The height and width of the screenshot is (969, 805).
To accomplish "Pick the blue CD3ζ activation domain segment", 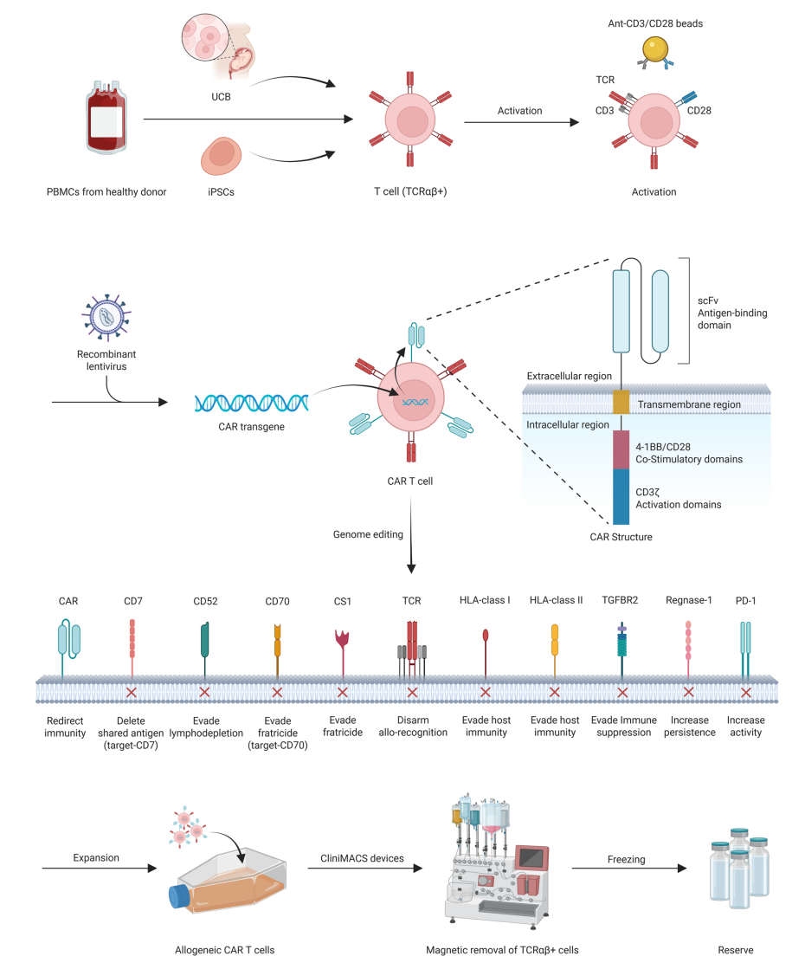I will tap(621, 496).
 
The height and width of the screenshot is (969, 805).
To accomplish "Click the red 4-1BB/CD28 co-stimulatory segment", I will tap(621, 449).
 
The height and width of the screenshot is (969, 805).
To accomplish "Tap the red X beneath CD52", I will tap(204, 693).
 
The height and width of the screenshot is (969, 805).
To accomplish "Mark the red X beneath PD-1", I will tap(746, 693).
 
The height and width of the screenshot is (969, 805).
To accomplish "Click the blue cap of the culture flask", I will tap(177, 896).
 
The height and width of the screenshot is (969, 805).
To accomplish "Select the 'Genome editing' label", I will tap(368, 535).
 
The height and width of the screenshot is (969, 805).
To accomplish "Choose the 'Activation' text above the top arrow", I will tap(520, 111).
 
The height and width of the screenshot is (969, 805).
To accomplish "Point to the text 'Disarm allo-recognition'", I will tap(413, 726).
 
